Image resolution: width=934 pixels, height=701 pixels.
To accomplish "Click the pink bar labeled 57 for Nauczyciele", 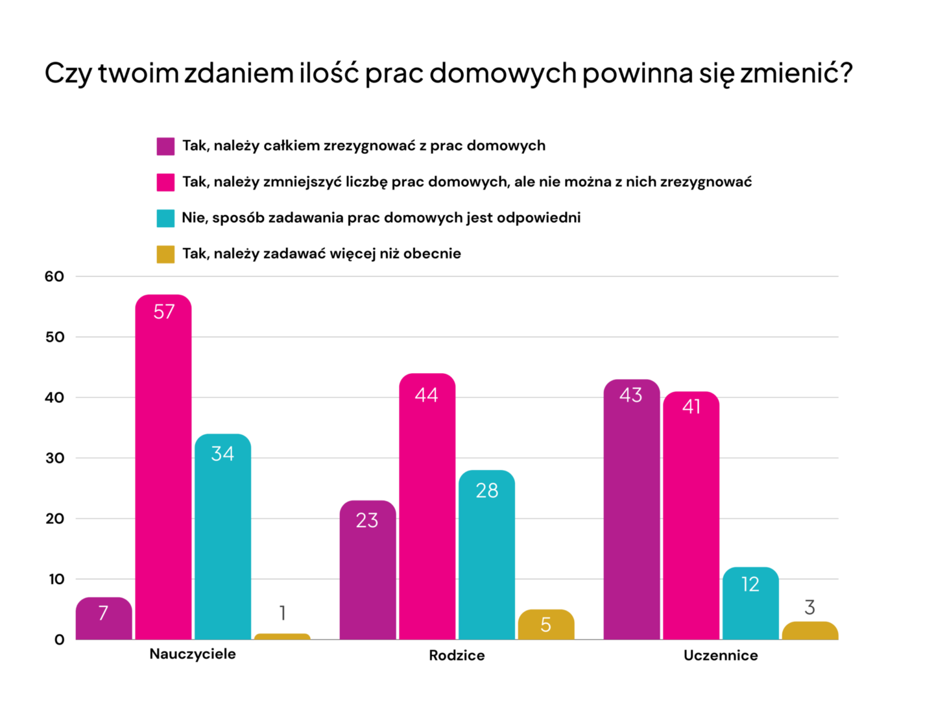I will (163, 467).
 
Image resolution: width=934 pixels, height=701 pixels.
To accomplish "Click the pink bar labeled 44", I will (427, 506).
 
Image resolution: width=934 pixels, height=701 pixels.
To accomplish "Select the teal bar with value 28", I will (486, 555).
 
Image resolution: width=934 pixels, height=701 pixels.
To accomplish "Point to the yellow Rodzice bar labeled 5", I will (546, 625).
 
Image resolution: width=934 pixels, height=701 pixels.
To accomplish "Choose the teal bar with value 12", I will (750, 604).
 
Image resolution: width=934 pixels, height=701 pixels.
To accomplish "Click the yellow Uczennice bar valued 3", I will (810, 631).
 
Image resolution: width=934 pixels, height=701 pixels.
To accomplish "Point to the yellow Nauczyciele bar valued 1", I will (282, 637).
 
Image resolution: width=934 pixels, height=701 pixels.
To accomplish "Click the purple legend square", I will (165, 146).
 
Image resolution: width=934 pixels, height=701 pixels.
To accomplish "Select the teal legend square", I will (165, 218).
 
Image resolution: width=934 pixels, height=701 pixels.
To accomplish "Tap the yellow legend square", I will (165, 254).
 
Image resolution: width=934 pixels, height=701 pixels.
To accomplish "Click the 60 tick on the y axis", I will (54, 277).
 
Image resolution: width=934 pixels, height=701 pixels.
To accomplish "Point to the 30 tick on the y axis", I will (54, 458).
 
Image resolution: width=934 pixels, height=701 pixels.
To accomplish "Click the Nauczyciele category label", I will (193, 654).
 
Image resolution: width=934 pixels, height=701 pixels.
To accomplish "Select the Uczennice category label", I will (721, 656).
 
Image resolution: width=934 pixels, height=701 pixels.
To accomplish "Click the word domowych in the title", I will (503, 73).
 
